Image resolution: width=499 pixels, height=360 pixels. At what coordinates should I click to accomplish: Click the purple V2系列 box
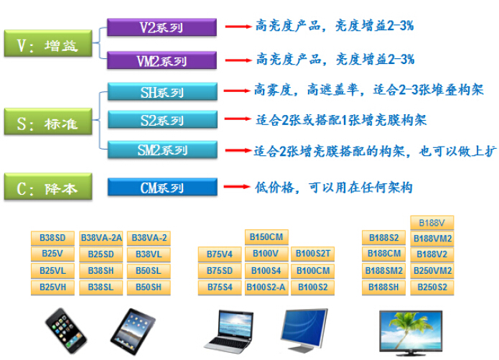[x=162, y=27]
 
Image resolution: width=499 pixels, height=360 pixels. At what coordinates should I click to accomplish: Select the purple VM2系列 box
[x=162, y=60]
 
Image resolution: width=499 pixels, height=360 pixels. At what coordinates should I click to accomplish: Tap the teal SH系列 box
[x=162, y=92]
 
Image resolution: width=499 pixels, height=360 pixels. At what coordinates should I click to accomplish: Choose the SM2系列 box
[x=162, y=149]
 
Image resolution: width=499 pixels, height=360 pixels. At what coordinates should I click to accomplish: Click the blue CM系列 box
[x=162, y=187]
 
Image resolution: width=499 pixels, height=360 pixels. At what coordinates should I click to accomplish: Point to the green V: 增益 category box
[x=48, y=44]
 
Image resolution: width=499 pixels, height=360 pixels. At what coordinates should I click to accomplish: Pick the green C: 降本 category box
[x=48, y=187]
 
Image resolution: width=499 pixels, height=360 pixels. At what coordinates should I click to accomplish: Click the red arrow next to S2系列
[x=238, y=119]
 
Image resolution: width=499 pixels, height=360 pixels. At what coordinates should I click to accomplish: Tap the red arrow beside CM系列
[x=237, y=187]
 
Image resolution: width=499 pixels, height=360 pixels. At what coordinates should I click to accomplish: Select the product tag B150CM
[x=266, y=237]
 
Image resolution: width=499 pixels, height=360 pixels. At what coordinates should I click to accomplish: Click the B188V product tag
[x=432, y=223]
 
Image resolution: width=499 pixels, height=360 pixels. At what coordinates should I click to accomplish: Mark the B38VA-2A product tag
[x=101, y=238]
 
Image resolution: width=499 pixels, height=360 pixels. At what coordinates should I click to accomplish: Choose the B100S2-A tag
[x=266, y=287]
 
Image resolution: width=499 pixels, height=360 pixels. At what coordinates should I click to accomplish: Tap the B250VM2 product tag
[x=432, y=271]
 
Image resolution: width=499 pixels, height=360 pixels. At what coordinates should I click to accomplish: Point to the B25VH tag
[x=52, y=287]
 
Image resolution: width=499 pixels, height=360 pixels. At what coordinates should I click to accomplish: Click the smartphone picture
[x=65, y=331]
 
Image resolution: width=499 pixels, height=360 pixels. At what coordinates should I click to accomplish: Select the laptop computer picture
[x=229, y=332]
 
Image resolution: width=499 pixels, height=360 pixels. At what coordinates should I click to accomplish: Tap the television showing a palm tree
[x=411, y=333]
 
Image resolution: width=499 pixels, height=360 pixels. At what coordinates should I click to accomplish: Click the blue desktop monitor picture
[x=304, y=331]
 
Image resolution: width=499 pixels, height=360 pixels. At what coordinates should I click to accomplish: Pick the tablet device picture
[x=133, y=331]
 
